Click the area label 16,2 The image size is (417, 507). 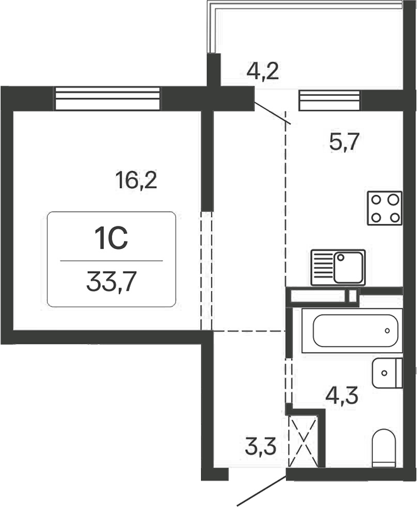click(x=135, y=181)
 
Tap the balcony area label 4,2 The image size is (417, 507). click(x=263, y=70)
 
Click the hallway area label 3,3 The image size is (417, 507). click(x=260, y=452)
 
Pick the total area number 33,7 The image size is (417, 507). click(x=111, y=281)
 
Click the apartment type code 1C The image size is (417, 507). click(x=111, y=240)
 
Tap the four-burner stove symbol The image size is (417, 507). click(x=385, y=208)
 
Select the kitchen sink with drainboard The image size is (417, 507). click(x=338, y=267)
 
